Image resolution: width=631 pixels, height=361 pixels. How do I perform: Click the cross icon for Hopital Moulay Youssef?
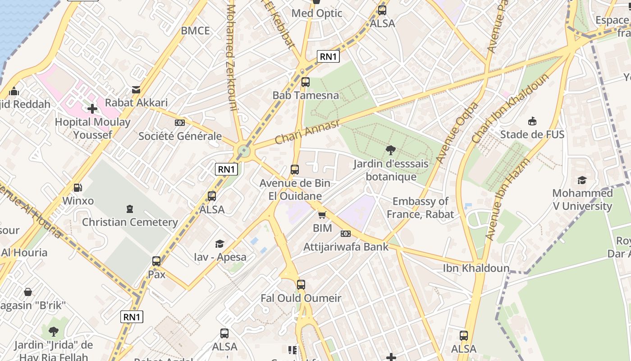pos(92,109)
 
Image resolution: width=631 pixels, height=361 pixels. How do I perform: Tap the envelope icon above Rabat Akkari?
pos(136,90)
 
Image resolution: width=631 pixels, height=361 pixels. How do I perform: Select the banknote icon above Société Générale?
pos(179,123)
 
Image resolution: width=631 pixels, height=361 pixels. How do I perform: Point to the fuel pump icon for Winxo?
pos(78,188)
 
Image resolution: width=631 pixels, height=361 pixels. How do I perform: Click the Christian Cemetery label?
pos(130,222)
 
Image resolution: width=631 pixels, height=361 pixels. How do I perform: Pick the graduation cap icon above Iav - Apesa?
pos(219,244)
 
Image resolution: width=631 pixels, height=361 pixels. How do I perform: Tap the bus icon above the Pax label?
pos(156,261)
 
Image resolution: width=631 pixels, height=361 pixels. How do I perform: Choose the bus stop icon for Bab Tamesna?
pos(305,82)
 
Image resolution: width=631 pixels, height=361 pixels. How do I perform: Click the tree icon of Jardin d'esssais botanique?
pos(391,150)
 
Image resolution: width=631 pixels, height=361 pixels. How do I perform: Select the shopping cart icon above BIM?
pos(322,215)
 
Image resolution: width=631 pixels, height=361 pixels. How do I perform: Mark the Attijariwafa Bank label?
pos(346,247)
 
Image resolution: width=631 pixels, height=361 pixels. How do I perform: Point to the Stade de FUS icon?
pos(532,121)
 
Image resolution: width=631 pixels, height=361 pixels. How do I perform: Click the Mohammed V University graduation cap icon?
pos(582,180)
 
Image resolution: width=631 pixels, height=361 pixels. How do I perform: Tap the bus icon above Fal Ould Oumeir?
pos(301,285)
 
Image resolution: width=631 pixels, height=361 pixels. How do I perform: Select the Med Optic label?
pos(317,13)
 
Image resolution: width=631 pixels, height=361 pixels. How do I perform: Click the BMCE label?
pos(195,31)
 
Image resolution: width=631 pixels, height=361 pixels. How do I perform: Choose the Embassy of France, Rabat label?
pos(420,208)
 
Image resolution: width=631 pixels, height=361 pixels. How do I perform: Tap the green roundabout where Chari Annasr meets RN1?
pos(244,151)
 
